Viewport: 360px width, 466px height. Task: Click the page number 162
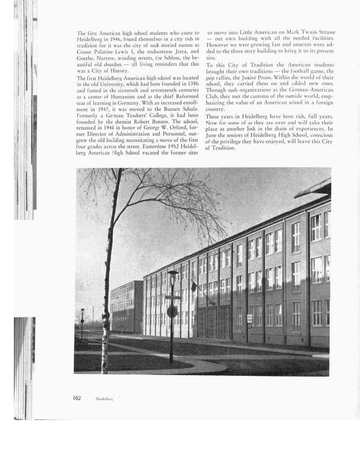click(77, 398)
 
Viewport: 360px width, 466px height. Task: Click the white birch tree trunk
click(105, 300)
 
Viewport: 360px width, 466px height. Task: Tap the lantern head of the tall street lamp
click(173, 275)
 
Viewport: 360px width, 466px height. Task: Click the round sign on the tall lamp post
click(172, 312)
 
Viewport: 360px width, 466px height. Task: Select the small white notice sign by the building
click(249, 319)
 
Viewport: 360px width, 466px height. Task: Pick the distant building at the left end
click(126, 306)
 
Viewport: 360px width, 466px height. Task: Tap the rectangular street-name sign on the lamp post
click(173, 297)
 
